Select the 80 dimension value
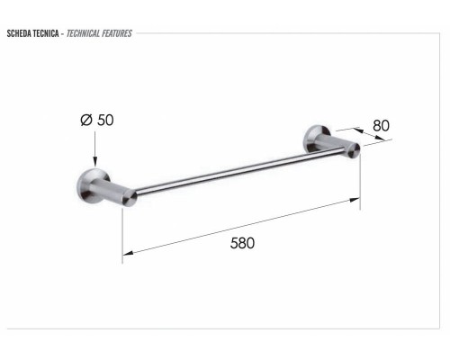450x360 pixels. [381, 125]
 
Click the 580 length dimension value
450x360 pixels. [242, 243]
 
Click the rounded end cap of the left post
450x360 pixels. [131, 197]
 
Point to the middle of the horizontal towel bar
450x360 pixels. [243, 173]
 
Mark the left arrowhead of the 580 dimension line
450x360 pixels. [127, 252]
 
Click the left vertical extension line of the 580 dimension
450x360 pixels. [122, 234]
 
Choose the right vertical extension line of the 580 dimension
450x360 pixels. [361, 180]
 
